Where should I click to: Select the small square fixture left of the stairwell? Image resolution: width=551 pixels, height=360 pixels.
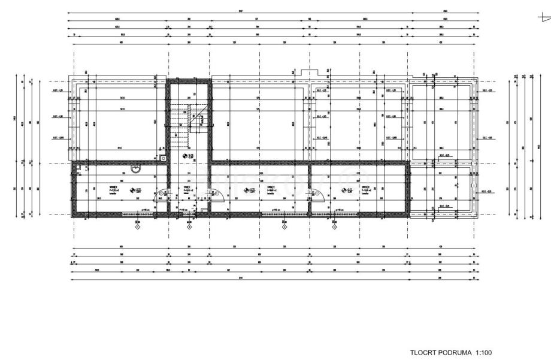click(x=163, y=159)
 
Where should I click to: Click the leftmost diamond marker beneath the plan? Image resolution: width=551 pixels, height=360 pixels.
click(x=138, y=227)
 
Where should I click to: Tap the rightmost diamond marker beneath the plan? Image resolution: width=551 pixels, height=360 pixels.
click(x=335, y=227)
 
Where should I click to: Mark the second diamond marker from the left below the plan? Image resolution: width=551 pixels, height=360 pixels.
click(x=189, y=227)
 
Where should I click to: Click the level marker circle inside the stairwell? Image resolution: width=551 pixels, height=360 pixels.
click(x=184, y=156)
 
